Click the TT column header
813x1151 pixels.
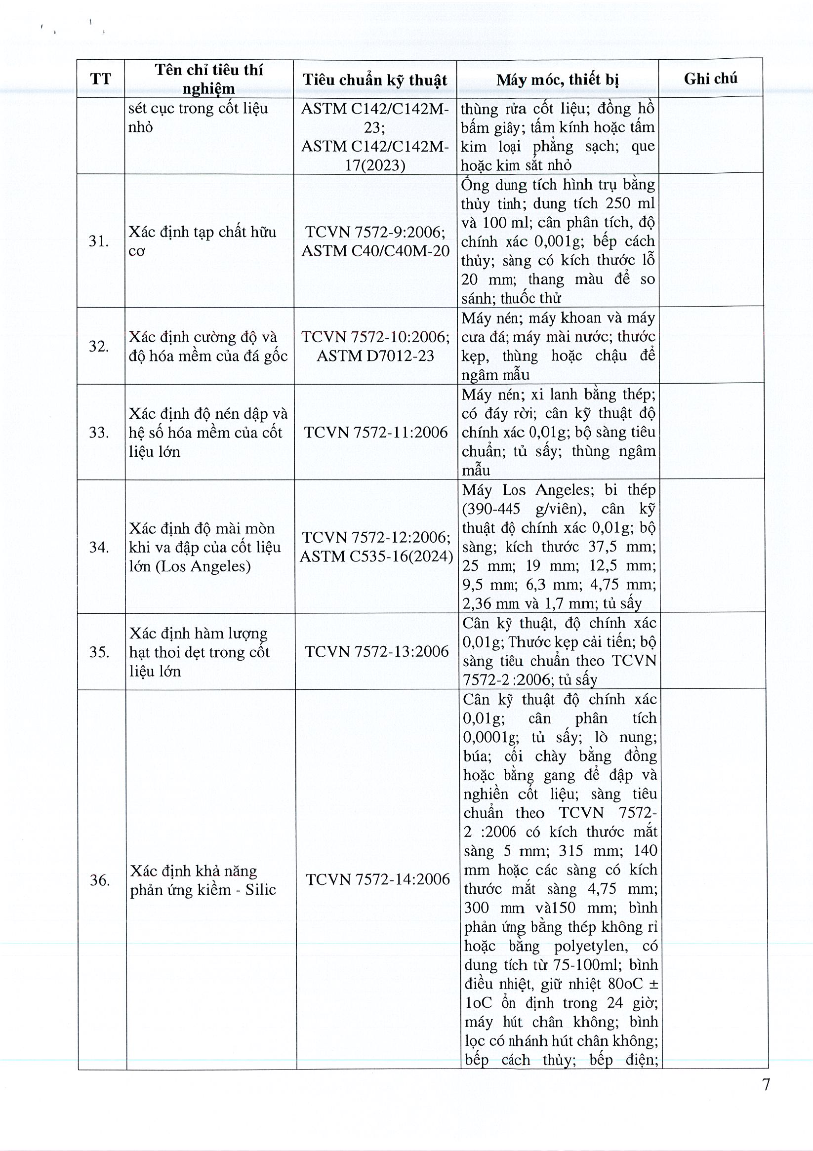[x=100, y=79]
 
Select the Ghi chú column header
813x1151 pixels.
[x=710, y=78]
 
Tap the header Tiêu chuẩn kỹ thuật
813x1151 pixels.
[x=375, y=79]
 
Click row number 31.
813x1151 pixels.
[x=99, y=241]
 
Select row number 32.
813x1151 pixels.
[x=99, y=346]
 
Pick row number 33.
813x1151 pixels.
[x=99, y=432]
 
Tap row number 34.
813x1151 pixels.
[x=99, y=547]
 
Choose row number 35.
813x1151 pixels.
[x=99, y=652]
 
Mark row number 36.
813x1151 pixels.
[x=100, y=880]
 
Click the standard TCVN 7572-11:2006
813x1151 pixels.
[x=376, y=432]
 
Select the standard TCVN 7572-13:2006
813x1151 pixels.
[x=377, y=651]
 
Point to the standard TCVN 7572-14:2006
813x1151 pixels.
[x=378, y=879]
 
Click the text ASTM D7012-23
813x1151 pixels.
[x=375, y=356]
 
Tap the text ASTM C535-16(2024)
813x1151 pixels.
[x=376, y=556]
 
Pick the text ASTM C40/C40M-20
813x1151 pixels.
[x=375, y=251]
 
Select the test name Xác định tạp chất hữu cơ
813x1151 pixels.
[x=202, y=241]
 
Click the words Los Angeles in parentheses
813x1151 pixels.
[x=203, y=566]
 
